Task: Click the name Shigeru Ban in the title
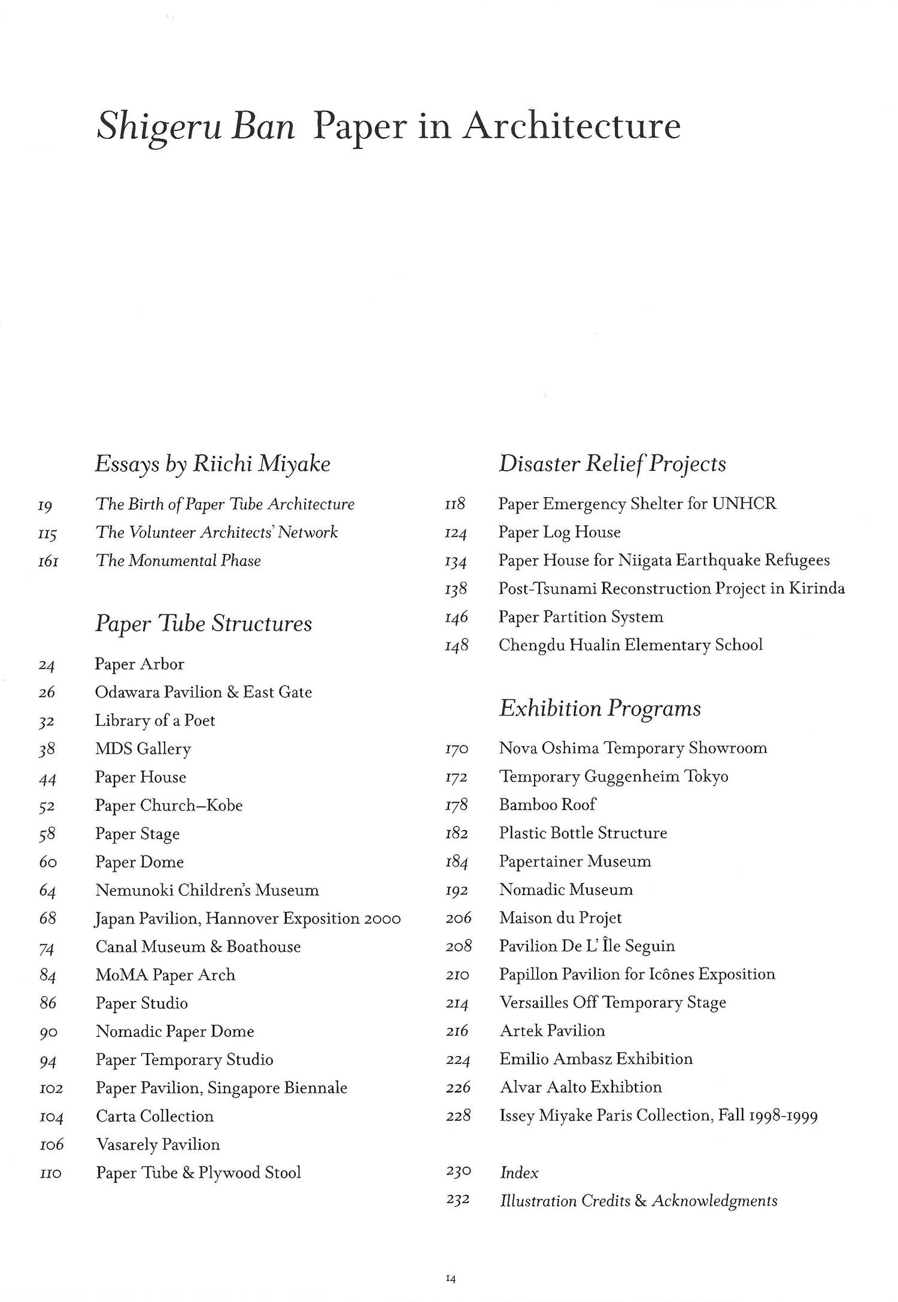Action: point(196,127)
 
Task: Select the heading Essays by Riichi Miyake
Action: point(213,464)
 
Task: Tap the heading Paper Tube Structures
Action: point(204,623)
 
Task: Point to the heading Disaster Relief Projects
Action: point(612,464)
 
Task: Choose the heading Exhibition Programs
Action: point(600,708)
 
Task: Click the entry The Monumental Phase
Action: point(178,561)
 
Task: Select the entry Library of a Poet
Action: point(154,720)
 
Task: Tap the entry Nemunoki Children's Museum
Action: point(207,890)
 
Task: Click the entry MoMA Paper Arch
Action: point(165,975)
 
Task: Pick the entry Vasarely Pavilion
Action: point(158,1145)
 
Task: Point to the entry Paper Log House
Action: point(559,532)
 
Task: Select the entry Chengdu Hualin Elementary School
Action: point(630,645)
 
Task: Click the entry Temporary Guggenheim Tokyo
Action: point(614,777)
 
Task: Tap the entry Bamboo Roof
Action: point(547,805)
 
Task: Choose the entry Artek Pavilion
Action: point(552,1031)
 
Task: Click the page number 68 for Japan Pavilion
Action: point(48,918)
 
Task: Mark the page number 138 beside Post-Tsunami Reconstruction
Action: point(456,589)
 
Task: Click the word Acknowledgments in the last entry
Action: point(714,1201)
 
